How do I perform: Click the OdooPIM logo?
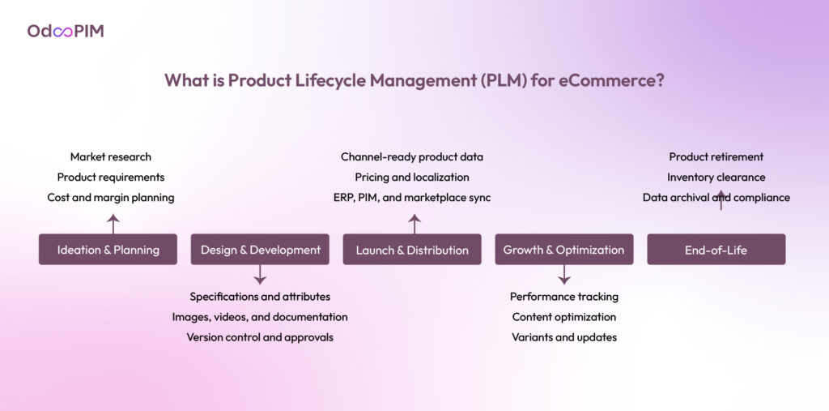pos(66,32)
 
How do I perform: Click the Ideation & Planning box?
pos(108,250)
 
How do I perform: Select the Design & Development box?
pos(260,250)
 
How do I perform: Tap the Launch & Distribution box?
pos(412,250)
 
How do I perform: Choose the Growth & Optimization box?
pos(563,250)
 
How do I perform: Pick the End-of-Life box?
pos(716,250)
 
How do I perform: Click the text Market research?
pos(111,156)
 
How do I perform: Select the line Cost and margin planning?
pos(111,197)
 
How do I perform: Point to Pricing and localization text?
pos(412,177)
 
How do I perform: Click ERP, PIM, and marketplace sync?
pos(412,197)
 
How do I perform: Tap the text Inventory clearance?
pos(716,177)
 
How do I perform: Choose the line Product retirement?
pos(716,156)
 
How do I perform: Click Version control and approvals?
pos(260,336)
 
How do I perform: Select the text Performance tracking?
pos(564,297)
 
